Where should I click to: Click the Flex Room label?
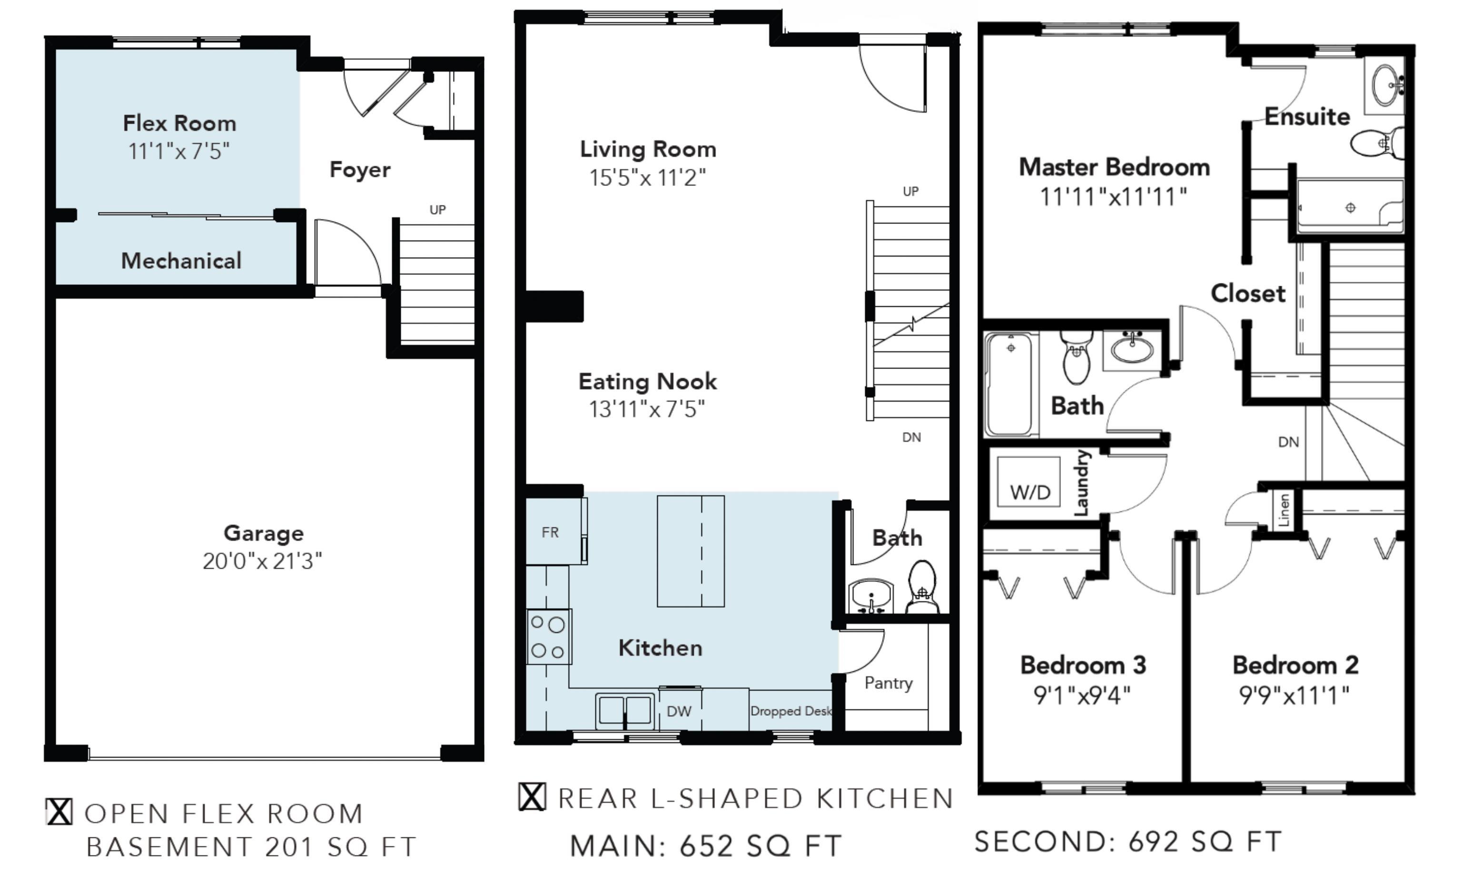coord(180,123)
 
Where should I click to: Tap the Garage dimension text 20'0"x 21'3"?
coord(262,561)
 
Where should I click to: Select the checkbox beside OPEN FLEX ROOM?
coord(59,812)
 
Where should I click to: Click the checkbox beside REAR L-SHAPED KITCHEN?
coord(532,797)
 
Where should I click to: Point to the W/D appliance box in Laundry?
coord(1028,481)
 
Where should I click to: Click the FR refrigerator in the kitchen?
coord(553,531)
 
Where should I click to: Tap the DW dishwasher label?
coord(679,711)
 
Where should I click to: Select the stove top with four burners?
coord(549,636)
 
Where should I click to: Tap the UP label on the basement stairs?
coord(437,210)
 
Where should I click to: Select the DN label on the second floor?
coord(1288,442)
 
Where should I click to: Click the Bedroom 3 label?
coord(1083,665)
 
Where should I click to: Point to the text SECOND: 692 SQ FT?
coord(1128,841)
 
